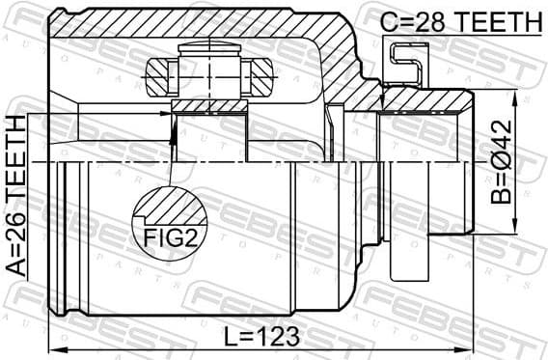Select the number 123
[x=280, y=337]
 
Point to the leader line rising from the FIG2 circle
[x=171, y=154]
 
